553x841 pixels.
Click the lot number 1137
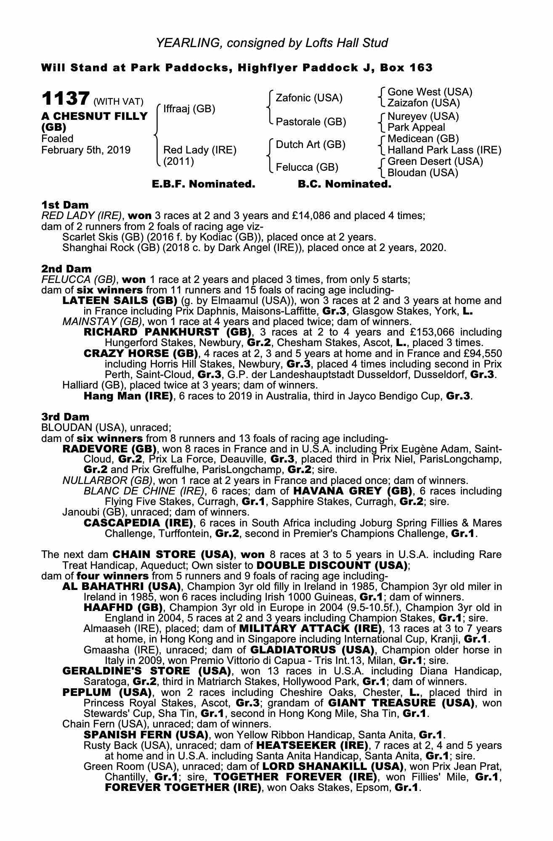tap(65, 99)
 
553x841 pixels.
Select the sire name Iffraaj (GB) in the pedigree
tap(189, 109)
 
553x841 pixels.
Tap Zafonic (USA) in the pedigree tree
tap(309, 98)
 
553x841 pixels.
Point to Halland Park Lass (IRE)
tap(444, 150)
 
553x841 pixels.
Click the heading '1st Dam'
tap(65, 205)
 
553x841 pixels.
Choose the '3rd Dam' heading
tap(65, 417)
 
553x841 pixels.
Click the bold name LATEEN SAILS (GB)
tap(120, 301)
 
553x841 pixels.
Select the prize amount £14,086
tap(311, 216)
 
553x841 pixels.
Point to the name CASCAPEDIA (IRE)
tap(138, 523)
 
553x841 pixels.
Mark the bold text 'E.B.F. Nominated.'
tap(203, 184)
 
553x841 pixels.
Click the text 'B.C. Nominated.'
tap(344, 184)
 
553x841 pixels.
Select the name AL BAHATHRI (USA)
tap(122, 587)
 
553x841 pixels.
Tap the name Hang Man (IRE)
tap(128, 396)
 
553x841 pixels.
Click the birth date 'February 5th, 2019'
tap(86, 150)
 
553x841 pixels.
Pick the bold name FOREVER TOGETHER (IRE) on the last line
tap(183, 787)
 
